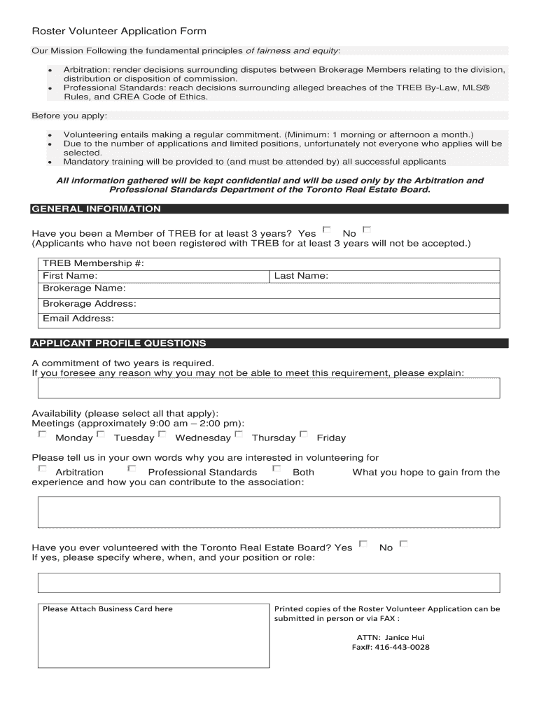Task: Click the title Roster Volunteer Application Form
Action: pos(119,32)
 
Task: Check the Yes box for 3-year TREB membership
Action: pos(326,230)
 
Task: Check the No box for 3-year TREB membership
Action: pos(367,230)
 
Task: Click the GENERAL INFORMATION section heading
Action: pos(97,209)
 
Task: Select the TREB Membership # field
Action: pos(280,263)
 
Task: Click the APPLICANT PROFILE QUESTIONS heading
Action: pos(119,343)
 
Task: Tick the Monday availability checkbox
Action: pos(43,435)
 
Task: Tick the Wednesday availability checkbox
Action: pos(162,435)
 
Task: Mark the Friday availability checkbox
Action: pos(304,435)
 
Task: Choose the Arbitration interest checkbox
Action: pos(43,469)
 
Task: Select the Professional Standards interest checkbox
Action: pos(132,469)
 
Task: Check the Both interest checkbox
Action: pos(276,469)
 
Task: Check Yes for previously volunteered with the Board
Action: pos(363,544)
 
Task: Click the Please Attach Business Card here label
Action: pos(107,608)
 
